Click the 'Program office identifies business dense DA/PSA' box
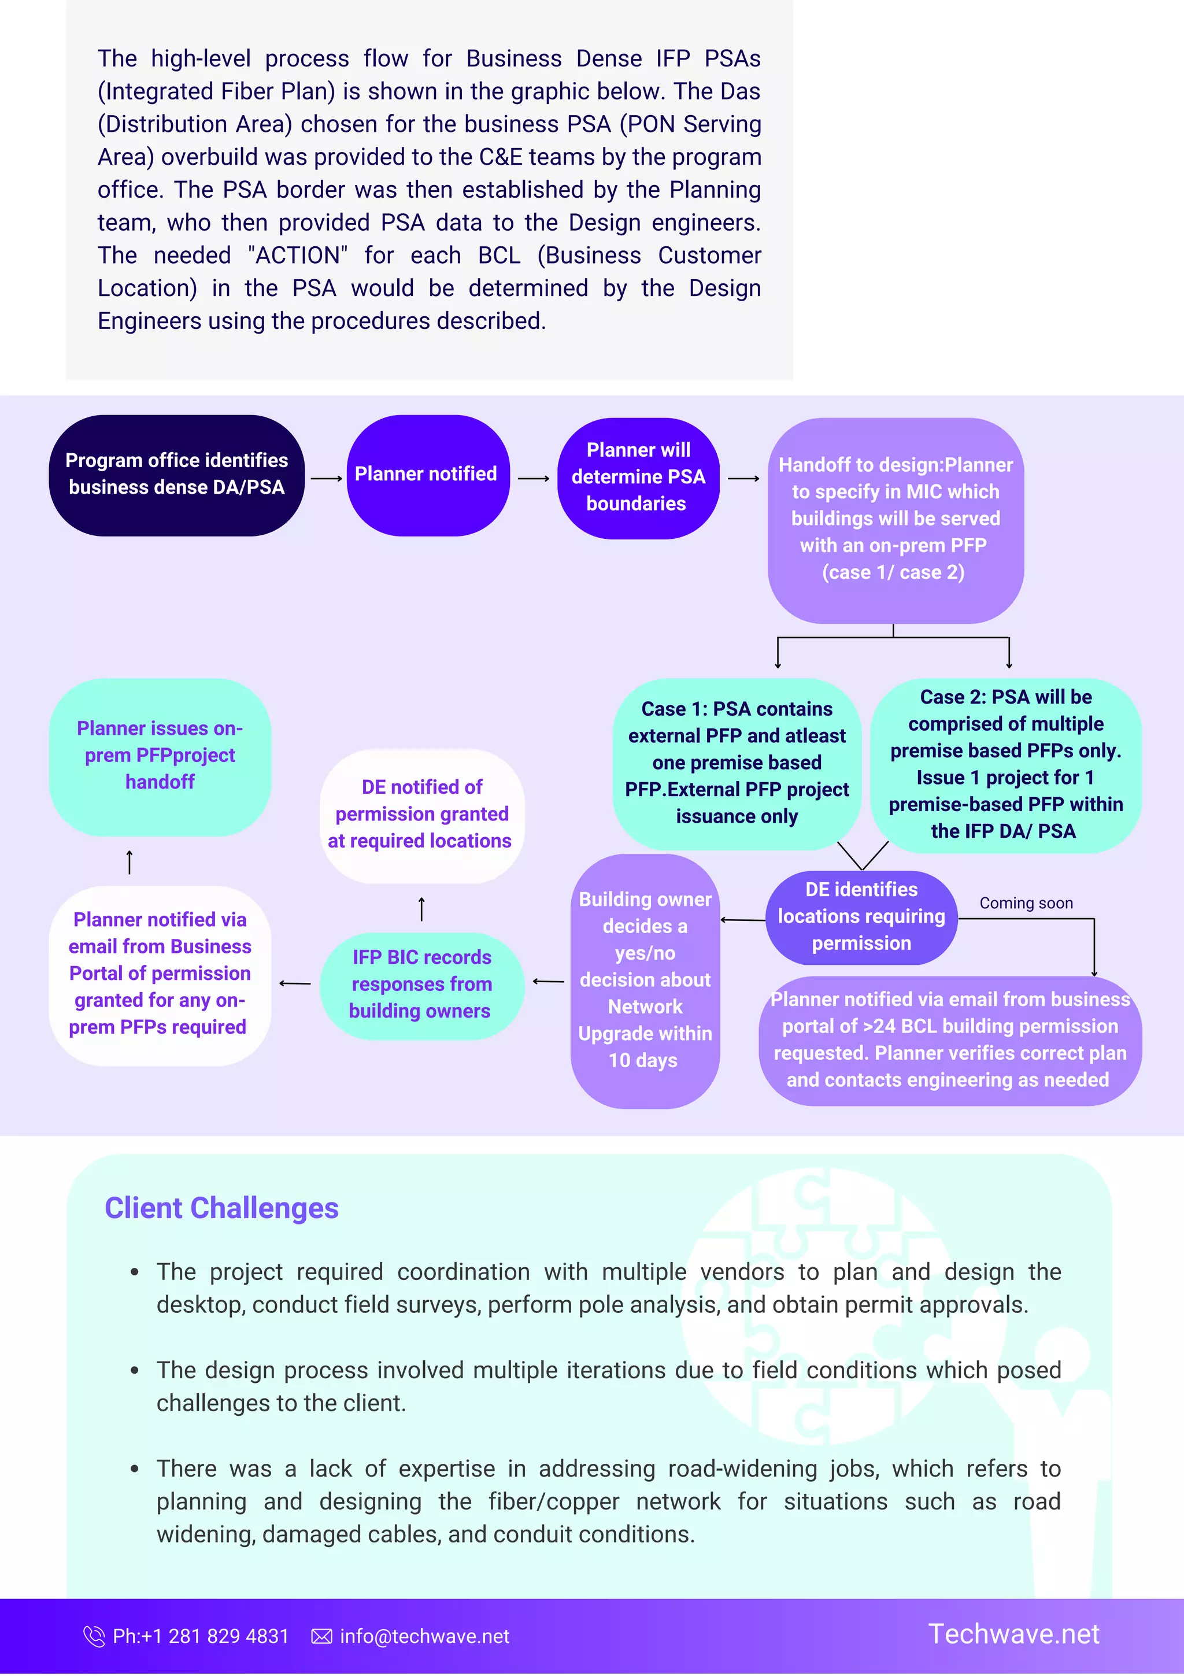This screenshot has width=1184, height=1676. [x=177, y=475]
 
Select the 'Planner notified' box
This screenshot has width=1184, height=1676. [x=427, y=475]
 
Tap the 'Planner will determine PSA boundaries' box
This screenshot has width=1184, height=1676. [x=638, y=478]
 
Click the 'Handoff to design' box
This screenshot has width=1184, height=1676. [x=895, y=519]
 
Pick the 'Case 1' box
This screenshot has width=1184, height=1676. [x=737, y=763]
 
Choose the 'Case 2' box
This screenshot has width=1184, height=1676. [x=1005, y=764]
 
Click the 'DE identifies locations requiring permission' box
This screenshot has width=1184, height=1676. [x=861, y=917]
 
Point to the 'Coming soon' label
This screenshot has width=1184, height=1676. [x=1026, y=903]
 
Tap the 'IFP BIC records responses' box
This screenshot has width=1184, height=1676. [x=421, y=984]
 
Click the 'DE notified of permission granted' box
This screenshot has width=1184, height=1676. [x=421, y=815]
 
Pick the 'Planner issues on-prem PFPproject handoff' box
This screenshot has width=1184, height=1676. [x=160, y=756]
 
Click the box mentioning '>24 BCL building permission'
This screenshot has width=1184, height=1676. [x=950, y=1039]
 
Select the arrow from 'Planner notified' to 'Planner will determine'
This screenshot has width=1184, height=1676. [x=534, y=479]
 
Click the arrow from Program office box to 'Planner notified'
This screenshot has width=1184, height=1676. [x=326, y=479]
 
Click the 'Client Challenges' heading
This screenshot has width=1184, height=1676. [x=221, y=1208]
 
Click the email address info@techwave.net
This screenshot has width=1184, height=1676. [x=424, y=1637]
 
